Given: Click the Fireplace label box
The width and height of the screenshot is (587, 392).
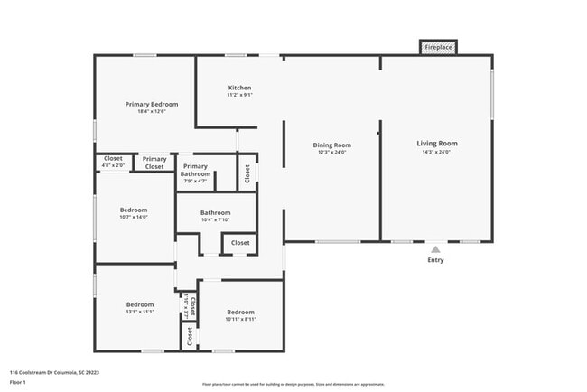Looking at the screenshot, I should click(439, 47).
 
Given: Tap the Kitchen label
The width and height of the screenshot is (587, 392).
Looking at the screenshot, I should click(239, 87).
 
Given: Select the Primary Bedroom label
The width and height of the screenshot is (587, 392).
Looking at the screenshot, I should click(151, 104).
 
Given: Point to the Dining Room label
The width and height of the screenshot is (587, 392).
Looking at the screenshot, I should click(331, 145).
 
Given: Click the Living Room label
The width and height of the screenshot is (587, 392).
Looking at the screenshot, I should click(436, 143).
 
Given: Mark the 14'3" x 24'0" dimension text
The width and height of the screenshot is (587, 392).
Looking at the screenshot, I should click(436, 152).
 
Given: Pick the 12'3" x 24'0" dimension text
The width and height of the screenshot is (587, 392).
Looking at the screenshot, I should click(331, 153).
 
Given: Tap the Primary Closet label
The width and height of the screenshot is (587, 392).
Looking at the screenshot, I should click(154, 163).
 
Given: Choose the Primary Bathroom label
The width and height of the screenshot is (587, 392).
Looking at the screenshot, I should click(196, 170).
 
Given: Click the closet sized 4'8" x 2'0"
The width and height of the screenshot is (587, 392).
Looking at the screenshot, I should click(113, 162).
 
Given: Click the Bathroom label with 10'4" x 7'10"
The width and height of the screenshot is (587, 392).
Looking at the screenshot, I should click(215, 212).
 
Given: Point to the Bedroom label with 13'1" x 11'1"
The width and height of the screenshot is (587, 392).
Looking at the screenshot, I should click(139, 304).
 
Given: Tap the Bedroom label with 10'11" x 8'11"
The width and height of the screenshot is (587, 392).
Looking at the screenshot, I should click(240, 312).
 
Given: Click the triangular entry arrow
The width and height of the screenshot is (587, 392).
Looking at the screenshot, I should click(435, 248).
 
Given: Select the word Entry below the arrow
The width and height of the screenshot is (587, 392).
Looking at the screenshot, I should click(435, 260).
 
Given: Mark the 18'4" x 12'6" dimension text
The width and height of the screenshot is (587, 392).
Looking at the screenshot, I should click(151, 112).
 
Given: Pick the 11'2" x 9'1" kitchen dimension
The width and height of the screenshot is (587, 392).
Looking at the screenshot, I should click(239, 95).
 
